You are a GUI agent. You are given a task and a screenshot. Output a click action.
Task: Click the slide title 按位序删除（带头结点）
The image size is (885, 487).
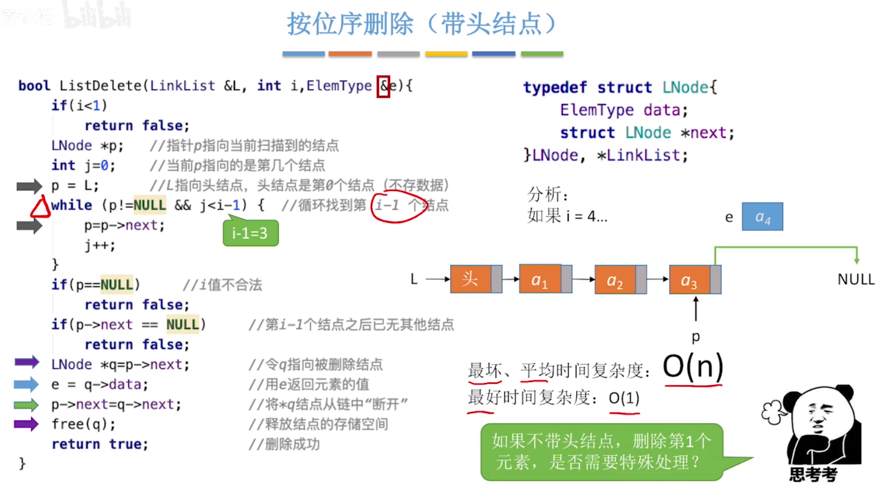[x=422, y=24]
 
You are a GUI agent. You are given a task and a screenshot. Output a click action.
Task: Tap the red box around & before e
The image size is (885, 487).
[x=383, y=86]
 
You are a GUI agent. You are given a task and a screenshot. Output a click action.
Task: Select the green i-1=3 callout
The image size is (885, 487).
[x=251, y=233]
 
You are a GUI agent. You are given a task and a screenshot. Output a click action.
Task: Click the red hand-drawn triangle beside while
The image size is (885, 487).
[x=40, y=207]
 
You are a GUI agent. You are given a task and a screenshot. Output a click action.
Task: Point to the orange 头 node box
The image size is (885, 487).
[x=471, y=279]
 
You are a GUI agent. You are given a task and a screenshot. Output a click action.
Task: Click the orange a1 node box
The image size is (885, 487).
[x=540, y=279]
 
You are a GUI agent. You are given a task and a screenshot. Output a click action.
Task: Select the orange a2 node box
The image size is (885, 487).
[x=615, y=280]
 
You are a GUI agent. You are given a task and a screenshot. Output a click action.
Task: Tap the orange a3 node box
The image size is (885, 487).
[x=689, y=280]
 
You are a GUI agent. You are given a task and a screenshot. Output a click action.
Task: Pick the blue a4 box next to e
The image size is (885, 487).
[x=762, y=217]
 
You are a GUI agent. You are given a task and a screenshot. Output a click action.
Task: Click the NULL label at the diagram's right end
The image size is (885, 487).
[x=856, y=279]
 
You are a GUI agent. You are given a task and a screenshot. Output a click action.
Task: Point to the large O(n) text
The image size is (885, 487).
[x=693, y=367]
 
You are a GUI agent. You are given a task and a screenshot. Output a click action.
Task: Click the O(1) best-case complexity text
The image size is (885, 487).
[x=624, y=398]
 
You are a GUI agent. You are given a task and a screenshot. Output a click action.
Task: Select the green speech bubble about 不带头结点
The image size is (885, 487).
[x=601, y=452]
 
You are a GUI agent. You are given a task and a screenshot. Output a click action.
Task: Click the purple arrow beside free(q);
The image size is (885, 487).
[x=26, y=424]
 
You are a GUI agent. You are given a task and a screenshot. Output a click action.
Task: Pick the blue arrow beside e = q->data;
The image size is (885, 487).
[x=26, y=384]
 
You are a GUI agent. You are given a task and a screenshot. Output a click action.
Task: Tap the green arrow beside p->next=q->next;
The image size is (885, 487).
[x=26, y=404]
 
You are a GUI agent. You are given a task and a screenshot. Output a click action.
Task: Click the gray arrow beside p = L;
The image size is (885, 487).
[x=29, y=186]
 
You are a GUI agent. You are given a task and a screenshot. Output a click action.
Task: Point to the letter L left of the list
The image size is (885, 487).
[x=414, y=279]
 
